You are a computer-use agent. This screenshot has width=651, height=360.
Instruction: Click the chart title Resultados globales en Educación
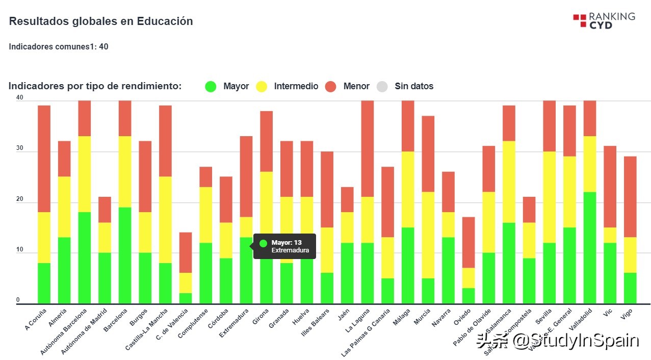tap(101, 21)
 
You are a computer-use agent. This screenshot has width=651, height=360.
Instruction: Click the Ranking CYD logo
tap(604, 20)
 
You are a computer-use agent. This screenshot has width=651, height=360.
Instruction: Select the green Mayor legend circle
tap(211, 87)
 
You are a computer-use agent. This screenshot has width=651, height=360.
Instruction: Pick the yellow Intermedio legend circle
tap(262, 87)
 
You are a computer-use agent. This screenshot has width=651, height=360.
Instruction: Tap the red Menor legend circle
tap(331, 87)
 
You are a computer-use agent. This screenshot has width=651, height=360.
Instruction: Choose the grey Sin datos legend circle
tap(382, 87)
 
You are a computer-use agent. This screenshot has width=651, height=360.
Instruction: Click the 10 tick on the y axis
tap(20, 250)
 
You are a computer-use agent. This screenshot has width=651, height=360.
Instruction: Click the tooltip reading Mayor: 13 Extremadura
tap(284, 246)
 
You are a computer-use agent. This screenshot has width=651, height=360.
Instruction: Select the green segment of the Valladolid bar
tap(590, 247)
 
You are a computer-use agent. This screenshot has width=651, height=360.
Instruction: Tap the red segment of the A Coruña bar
tap(44, 159)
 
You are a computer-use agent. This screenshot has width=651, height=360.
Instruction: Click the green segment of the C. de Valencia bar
tap(186, 298)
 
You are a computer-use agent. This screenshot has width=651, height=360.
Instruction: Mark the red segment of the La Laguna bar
tap(368, 149)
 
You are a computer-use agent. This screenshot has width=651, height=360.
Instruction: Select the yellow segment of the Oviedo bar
tap(468, 278)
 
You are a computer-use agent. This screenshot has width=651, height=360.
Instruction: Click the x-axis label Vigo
tap(627, 316)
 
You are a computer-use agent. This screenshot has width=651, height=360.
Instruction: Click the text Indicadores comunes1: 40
tap(59, 47)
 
